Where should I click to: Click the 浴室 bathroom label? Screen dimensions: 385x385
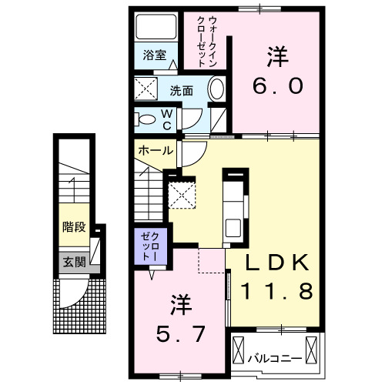pos(155,55)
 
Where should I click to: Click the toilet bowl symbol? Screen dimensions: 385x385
pos(144,119)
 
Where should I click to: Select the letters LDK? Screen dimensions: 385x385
pos(277,263)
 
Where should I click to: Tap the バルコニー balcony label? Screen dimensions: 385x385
pos(275,357)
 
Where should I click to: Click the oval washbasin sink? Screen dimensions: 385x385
pos(216,89)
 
